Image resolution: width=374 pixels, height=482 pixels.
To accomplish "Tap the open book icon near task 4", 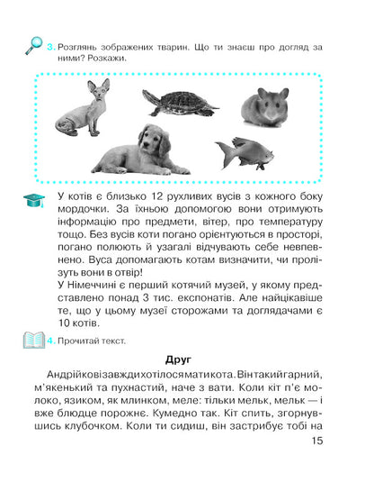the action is (x=31, y=341).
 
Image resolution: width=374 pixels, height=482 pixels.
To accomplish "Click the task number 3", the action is (x=53, y=43).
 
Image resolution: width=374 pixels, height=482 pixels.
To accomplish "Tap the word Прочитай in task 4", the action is (x=81, y=341).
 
